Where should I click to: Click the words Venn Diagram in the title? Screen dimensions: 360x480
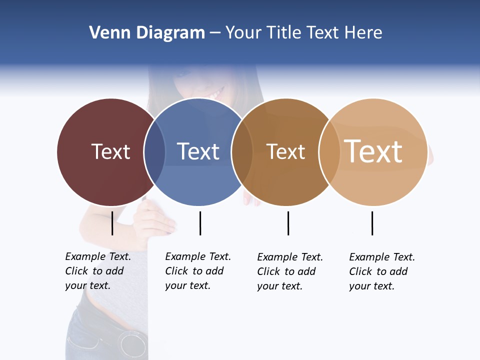147,33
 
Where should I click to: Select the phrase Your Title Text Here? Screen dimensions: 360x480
303,33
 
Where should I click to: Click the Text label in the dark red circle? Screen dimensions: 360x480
110,151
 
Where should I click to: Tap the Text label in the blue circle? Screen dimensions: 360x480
198,151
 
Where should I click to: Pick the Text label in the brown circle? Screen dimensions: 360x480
285,151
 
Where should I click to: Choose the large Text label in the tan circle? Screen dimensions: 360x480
373,151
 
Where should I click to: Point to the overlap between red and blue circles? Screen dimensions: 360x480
154,152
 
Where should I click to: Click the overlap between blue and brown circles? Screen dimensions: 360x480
242,152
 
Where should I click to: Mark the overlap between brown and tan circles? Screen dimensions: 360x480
328,152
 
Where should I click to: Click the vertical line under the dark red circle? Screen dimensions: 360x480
112,223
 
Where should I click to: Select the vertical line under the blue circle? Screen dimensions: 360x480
200,223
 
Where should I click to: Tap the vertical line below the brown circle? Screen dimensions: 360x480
288,223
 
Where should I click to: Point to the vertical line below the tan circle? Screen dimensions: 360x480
372,223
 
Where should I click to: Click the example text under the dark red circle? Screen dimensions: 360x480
97,271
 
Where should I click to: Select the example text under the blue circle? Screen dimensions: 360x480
197,271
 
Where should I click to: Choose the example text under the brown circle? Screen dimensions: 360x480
289,271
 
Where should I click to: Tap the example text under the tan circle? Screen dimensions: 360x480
381,271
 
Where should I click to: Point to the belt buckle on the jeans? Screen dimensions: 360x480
132,343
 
